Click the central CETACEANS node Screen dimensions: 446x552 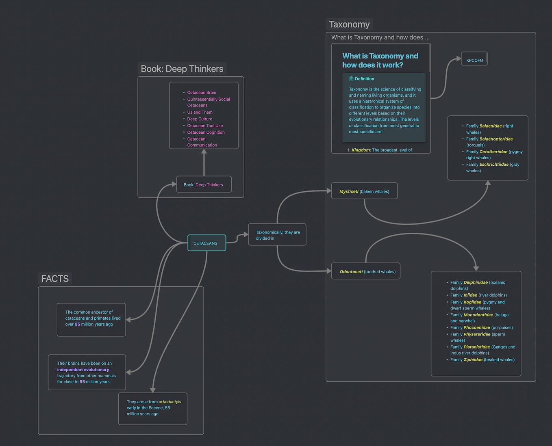[206, 243]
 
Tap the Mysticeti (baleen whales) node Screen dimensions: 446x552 [364, 191]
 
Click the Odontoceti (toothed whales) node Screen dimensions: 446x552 [366, 271]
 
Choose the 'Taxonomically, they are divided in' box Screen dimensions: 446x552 [277, 235]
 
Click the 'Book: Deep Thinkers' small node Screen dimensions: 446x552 [204, 184]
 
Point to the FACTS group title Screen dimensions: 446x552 [55, 279]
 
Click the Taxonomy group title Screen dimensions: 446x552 [349, 24]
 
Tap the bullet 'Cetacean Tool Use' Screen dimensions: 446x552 [205, 126]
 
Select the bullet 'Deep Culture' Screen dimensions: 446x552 [200, 119]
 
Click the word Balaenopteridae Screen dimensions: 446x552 [496, 139]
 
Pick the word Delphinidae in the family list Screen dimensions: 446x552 [476, 282]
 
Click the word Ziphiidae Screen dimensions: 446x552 [473, 359]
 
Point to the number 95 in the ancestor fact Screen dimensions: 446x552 [77, 324]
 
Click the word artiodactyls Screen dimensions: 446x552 [170, 402]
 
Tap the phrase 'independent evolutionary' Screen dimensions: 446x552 [83, 370]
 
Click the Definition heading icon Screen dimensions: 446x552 [351, 79]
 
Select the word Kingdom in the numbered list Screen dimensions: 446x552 [361, 150]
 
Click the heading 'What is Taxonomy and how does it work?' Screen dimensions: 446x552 [380, 61]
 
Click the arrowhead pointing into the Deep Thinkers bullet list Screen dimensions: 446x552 [204, 152]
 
